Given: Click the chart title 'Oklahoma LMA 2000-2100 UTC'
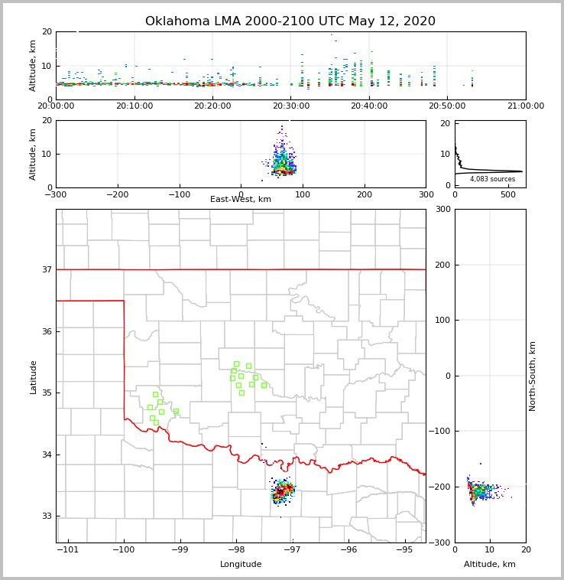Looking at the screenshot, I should click(x=290, y=21).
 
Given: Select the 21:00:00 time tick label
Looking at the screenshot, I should click(x=526, y=106).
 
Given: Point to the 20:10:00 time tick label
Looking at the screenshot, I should click(x=134, y=106).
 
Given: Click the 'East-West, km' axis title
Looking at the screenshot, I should click(x=241, y=200).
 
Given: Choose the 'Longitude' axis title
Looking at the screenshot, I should click(x=241, y=565).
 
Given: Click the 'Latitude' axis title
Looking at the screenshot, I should click(x=33, y=376).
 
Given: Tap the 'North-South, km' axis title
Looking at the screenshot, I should click(x=533, y=376).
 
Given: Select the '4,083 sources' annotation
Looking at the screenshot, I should click(x=492, y=179).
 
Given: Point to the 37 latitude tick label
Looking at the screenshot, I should click(x=47, y=269).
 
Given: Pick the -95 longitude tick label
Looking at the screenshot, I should click(x=405, y=549).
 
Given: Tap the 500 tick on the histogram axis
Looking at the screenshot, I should click(x=508, y=195).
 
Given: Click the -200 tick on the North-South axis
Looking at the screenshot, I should click(x=441, y=487).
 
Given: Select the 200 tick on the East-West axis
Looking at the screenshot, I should click(x=365, y=195).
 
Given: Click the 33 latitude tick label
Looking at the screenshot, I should click(x=47, y=516).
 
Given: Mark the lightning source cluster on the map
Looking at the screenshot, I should click(x=282, y=490).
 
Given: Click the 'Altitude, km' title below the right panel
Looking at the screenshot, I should click(x=490, y=565).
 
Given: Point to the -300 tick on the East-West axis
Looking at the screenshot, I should click(x=56, y=195).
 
